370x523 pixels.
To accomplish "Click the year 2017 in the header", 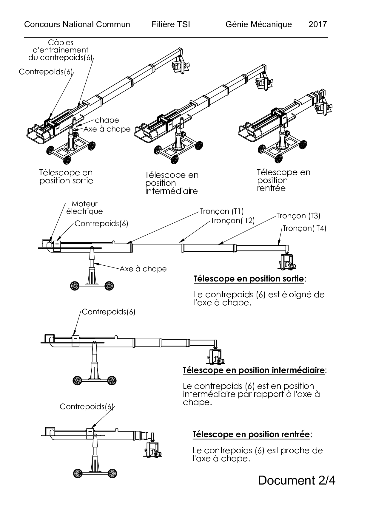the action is tap(317, 24).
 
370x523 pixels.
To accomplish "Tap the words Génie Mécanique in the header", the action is tap(259, 24).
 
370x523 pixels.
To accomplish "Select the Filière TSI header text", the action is tap(171, 24).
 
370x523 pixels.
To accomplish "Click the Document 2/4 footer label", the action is tap(297, 480).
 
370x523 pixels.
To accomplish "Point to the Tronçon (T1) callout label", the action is tap(222, 211).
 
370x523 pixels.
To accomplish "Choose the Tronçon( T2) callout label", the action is tap(233, 220).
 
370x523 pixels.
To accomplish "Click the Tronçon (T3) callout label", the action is tap(298, 216).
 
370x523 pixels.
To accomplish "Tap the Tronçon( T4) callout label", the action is tap(304, 228).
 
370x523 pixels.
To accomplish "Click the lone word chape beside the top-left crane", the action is tap(107, 120).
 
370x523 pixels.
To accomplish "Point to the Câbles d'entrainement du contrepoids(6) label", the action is tap(61, 50).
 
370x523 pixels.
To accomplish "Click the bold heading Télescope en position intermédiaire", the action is tap(254, 370).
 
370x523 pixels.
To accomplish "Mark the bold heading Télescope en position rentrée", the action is tap(251, 434).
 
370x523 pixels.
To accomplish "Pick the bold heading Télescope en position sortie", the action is tap(249, 279).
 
